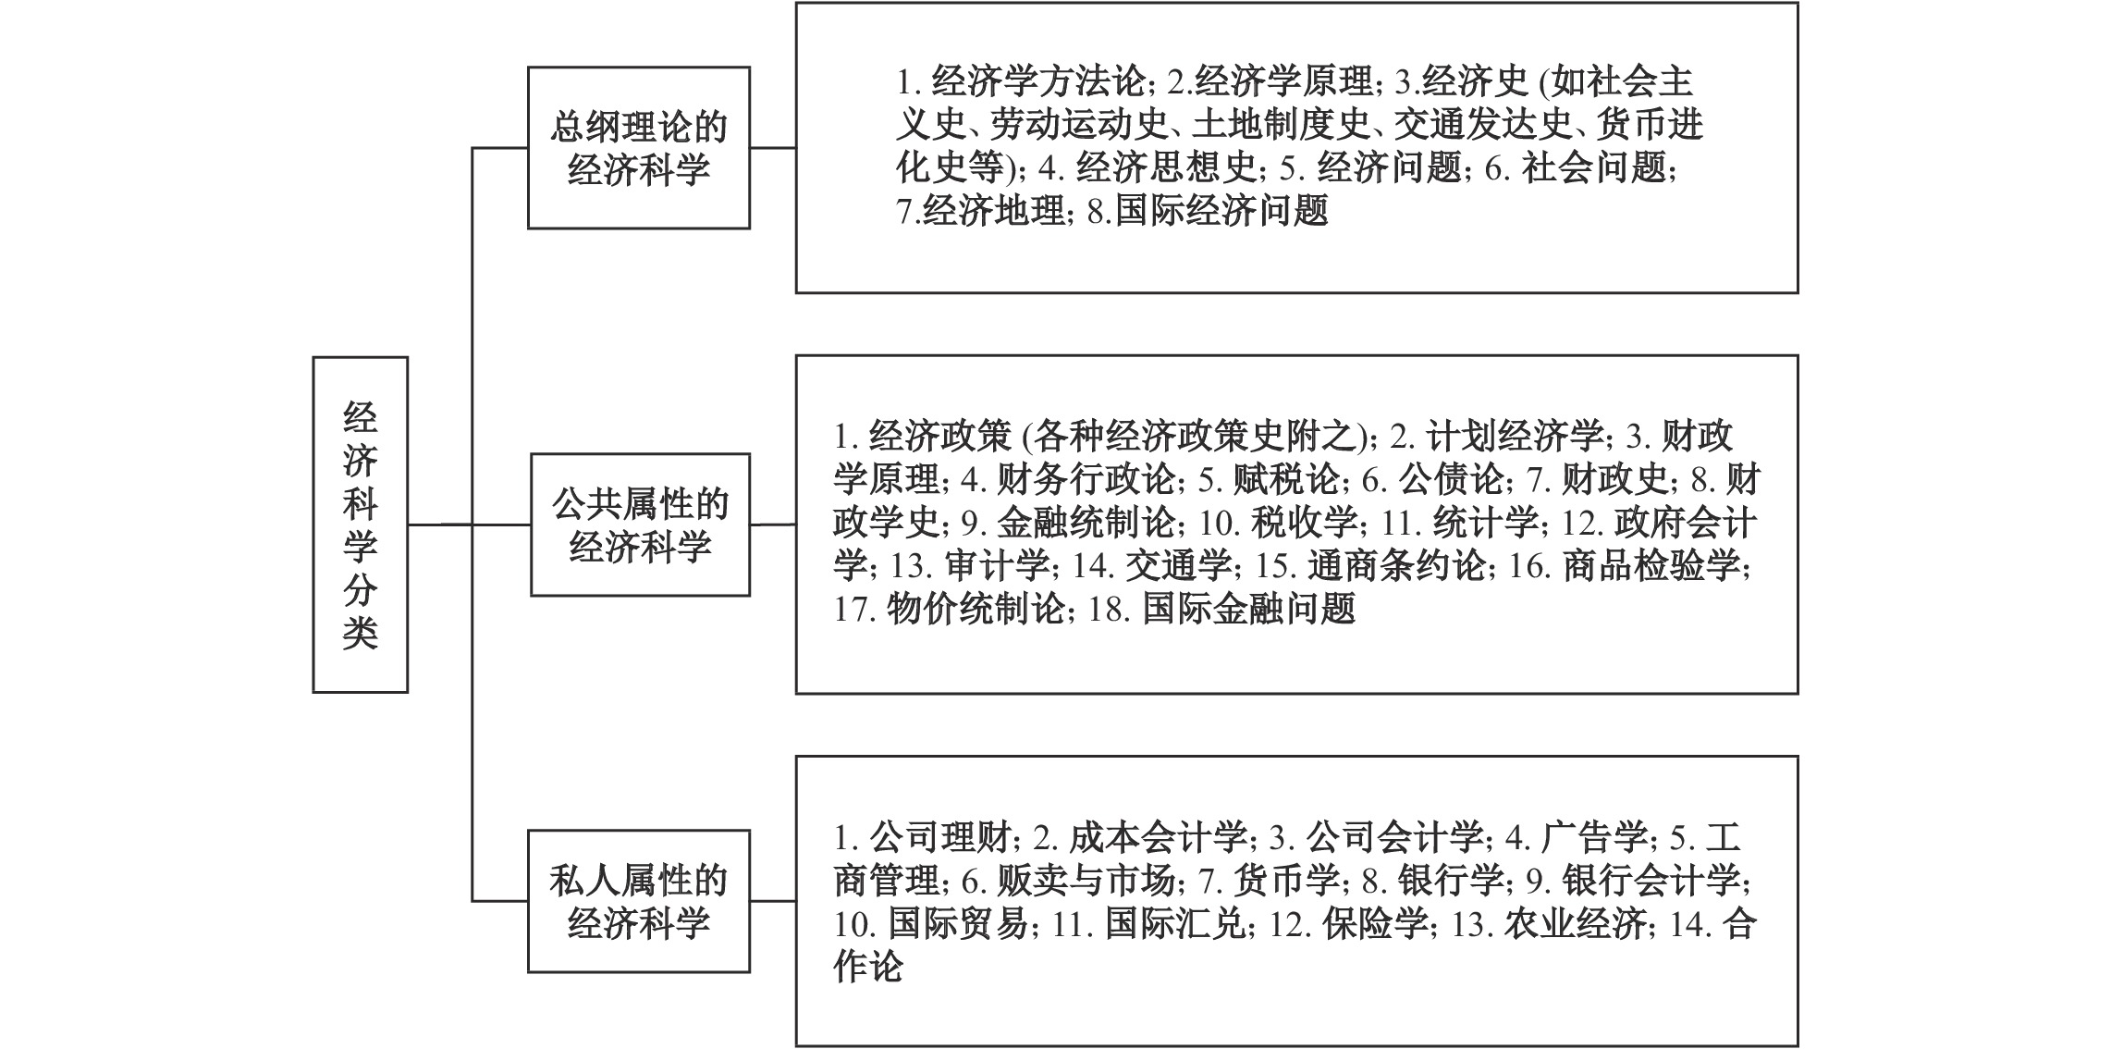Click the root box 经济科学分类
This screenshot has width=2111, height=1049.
[x=360, y=524]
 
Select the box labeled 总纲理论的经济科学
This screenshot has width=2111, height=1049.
[x=638, y=148]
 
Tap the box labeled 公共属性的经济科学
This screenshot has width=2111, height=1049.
[x=640, y=524]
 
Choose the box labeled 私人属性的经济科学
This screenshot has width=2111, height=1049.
[x=638, y=901]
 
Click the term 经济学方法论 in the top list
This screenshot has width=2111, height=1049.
[x=1038, y=81]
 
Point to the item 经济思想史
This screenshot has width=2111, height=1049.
[x=1167, y=168]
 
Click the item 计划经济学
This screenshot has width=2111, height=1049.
[x=1515, y=436]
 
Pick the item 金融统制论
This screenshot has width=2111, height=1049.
[x=1086, y=523]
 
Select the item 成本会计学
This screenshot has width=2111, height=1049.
[x=1158, y=838]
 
